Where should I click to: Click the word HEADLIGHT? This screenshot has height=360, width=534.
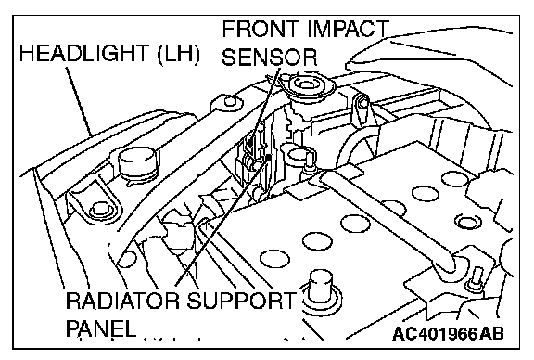tap(84, 54)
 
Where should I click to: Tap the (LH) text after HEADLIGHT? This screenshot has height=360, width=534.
tap(178, 54)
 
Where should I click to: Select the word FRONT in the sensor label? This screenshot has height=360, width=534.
tap(261, 29)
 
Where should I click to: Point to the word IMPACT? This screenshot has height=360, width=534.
tap(348, 29)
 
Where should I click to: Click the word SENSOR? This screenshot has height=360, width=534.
tap(270, 57)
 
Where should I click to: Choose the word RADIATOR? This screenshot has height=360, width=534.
tap(122, 301)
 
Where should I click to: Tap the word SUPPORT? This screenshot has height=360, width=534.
tap(241, 301)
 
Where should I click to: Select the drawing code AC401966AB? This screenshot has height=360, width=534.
tap(448, 333)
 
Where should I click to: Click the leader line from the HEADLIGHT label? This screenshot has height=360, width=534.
tap(79, 101)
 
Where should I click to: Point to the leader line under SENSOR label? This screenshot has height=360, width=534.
tap(264, 106)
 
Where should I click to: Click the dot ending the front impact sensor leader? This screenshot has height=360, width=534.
tap(250, 143)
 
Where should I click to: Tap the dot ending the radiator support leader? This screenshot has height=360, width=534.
tap(269, 157)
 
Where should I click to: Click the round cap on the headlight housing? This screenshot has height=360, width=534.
tap(138, 164)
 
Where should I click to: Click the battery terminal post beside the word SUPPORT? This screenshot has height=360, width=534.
tap(320, 286)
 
